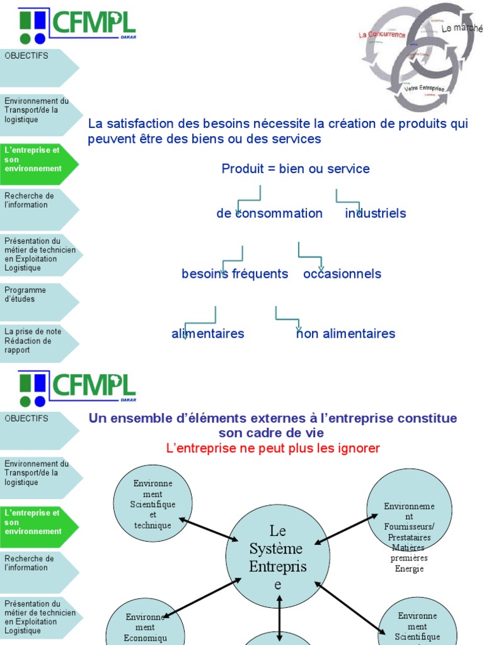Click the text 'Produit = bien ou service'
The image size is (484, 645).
(296, 169)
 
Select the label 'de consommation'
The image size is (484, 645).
(269, 214)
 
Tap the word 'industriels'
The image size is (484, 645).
(376, 214)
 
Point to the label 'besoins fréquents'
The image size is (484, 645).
(234, 274)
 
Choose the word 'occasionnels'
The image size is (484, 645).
(342, 274)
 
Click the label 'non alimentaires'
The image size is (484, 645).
(346, 334)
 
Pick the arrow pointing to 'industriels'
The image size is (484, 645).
(349, 201)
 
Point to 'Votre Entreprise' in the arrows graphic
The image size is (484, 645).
(424, 89)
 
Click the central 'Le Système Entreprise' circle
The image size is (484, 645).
(278, 557)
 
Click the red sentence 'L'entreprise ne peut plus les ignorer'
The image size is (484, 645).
(273, 448)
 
